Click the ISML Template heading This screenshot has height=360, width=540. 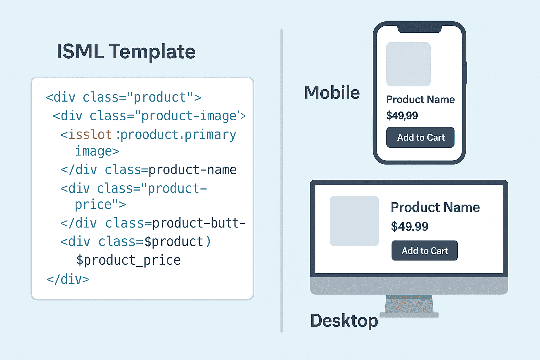click(126, 52)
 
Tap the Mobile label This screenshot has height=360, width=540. click(332, 92)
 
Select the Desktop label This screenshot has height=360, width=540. click(344, 321)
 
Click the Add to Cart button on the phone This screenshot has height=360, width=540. click(420, 137)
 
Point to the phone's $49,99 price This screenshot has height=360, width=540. click(402, 116)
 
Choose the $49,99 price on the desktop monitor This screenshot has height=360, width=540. click(410, 226)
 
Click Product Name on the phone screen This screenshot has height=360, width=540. click(420, 99)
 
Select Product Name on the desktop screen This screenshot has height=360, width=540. click(435, 207)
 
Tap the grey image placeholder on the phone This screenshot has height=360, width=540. click(409, 64)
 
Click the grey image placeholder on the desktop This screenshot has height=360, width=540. click(354, 221)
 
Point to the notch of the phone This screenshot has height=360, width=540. click(419, 29)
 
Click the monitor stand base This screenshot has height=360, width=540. click(409, 315)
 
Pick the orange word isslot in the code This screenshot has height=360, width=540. click(90, 135)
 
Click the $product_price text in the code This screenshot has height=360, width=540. click(128, 261)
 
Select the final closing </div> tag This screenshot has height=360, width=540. click(68, 279)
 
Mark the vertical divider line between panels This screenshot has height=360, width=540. click(281, 180)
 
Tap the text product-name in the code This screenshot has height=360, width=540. click(192, 170)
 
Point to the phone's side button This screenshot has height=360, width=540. click(467, 73)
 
